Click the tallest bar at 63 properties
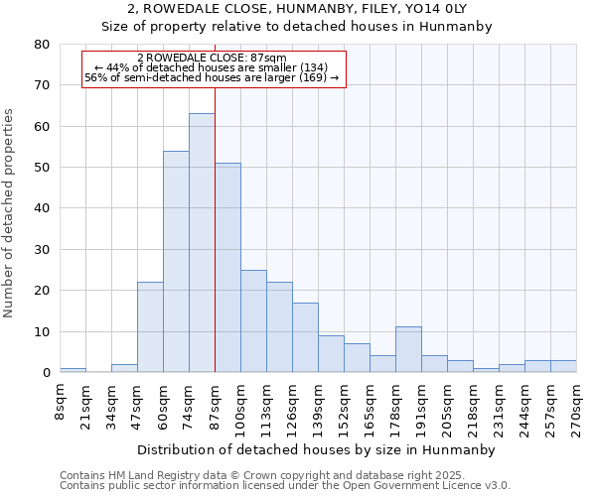(202, 243)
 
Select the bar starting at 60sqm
(176, 262)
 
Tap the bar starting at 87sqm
(227, 268)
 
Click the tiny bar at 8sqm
(73, 370)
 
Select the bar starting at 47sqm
(150, 327)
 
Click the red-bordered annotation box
(213, 69)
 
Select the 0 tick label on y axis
(46, 373)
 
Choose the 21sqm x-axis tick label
(86, 402)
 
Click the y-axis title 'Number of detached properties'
(10, 213)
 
